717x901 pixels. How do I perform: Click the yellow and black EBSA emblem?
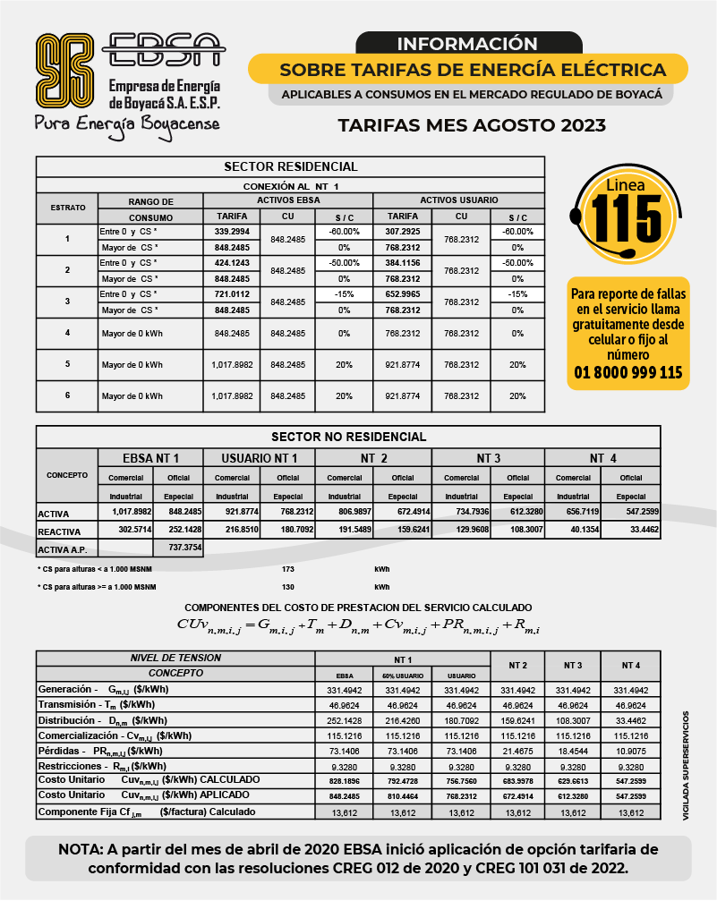pyautogui.click(x=64, y=70)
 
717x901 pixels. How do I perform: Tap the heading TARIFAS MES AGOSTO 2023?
pyautogui.click(x=472, y=125)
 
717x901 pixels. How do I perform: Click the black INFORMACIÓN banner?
pyautogui.click(x=467, y=43)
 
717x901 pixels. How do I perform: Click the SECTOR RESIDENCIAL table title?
pyautogui.click(x=290, y=166)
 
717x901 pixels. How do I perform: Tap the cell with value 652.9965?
pyautogui.click(x=402, y=294)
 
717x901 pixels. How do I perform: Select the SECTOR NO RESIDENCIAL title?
pyautogui.click(x=348, y=437)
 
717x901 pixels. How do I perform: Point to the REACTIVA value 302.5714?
pyautogui.click(x=125, y=530)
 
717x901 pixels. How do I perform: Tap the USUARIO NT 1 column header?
pyautogui.click(x=260, y=458)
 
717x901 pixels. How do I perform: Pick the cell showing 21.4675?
pyautogui.click(x=517, y=750)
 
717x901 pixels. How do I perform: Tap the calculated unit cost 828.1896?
pyautogui.click(x=346, y=781)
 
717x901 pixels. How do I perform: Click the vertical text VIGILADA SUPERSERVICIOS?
pyautogui.click(x=687, y=766)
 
